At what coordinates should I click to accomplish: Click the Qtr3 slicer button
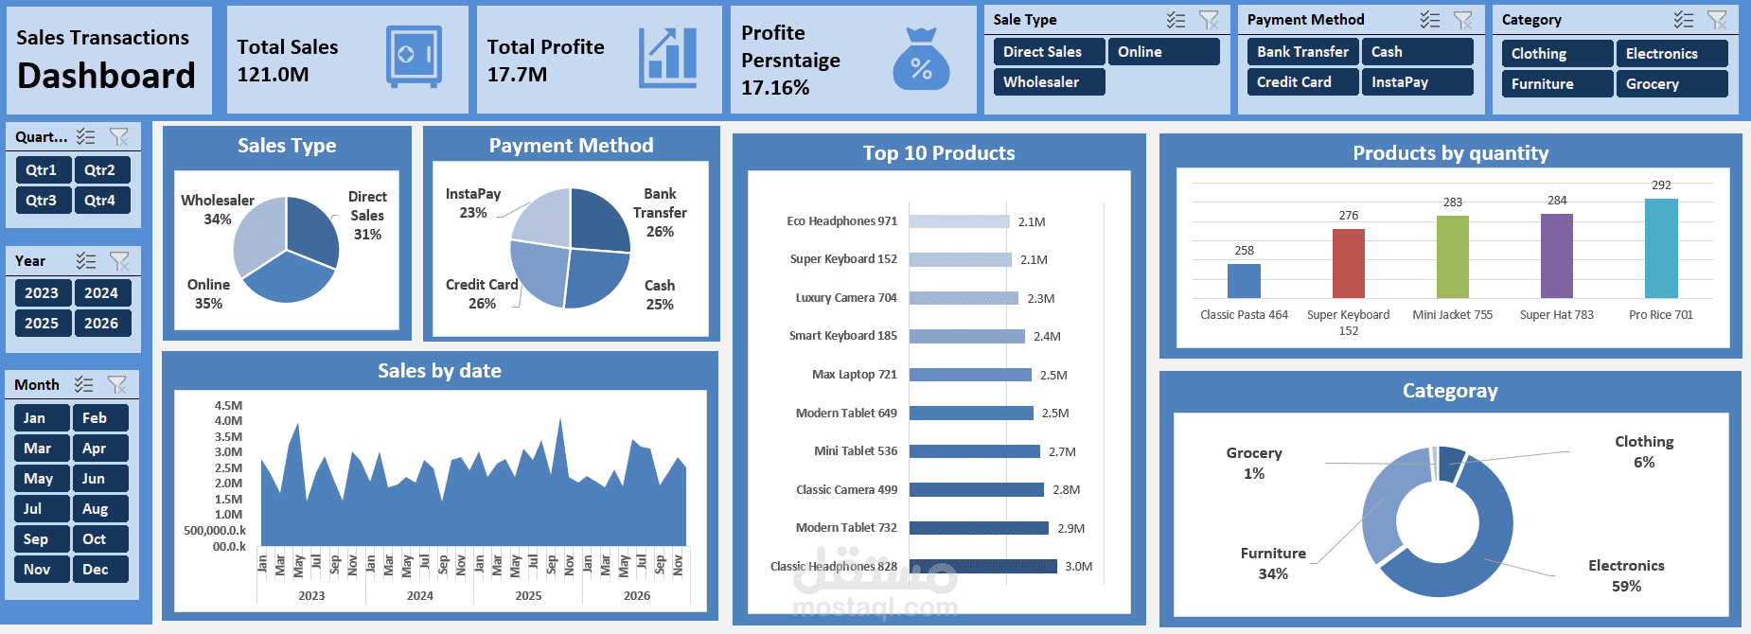(x=43, y=201)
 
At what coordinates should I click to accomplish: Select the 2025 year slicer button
(x=43, y=324)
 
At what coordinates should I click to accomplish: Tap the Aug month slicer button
(x=99, y=509)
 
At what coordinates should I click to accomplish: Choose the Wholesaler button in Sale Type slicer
(x=1049, y=82)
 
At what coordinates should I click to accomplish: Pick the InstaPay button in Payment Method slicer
(x=1416, y=82)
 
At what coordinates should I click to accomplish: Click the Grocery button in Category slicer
(x=1671, y=84)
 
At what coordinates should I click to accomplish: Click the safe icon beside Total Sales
(x=414, y=57)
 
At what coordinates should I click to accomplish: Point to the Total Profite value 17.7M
(x=517, y=75)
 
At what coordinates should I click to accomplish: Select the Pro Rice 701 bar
(x=1661, y=248)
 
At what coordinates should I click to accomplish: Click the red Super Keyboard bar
(x=1348, y=263)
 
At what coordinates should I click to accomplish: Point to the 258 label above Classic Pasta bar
(x=1244, y=251)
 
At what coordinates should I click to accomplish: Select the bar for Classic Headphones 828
(x=982, y=566)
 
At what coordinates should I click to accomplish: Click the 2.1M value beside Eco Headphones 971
(x=1032, y=222)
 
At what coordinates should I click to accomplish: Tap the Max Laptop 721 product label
(x=854, y=375)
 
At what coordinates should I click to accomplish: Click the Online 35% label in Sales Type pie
(x=208, y=294)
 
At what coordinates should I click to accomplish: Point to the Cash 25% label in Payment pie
(x=660, y=295)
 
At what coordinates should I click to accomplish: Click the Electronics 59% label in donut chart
(x=1625, y=575)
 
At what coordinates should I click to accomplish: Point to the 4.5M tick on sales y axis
(x=228, y=406)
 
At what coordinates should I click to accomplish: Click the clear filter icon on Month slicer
(x=117, y=384)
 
